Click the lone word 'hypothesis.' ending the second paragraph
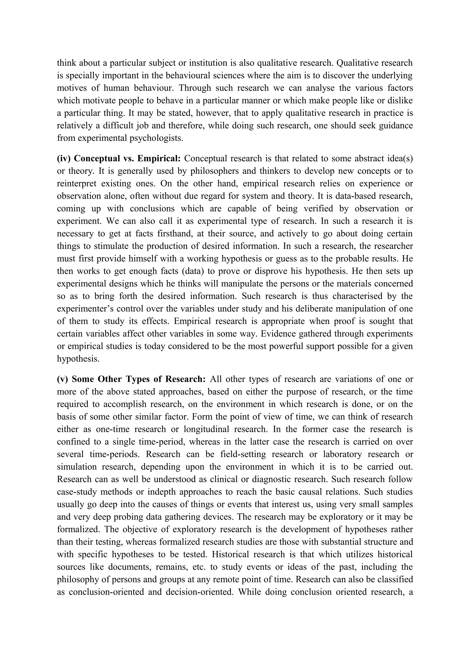[78, 359]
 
